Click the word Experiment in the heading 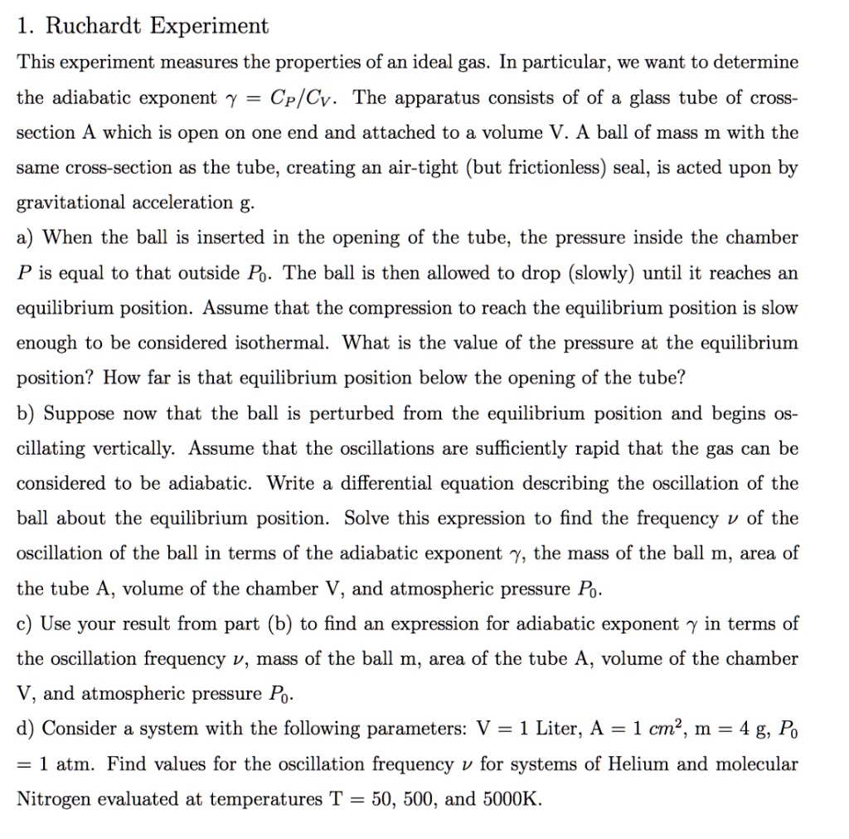tap(209, 26)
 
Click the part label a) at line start tap(27, 238)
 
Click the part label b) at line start tap(27, 413)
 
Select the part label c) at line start tap(26, 623)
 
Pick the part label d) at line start tap(27, 729)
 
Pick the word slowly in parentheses tap(594, 273)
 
